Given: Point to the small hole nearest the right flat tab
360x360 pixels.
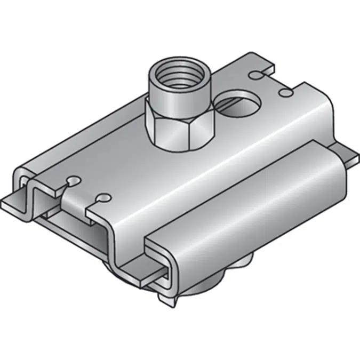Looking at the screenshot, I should [287, 94].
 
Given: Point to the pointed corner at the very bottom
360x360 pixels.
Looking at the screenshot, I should [171, 303].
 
